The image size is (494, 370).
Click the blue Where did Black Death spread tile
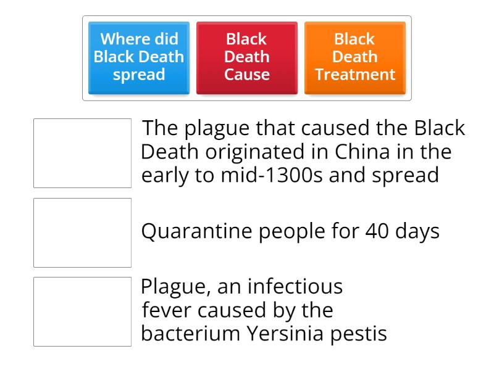point(138,57)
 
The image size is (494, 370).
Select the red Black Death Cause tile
point(246,57)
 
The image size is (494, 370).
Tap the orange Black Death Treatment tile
point(355,57)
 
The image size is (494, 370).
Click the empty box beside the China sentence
point(82,153)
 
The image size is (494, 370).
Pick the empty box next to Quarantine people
point(82,232)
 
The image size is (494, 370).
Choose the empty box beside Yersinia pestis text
point(82,311)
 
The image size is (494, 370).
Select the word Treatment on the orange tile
point(355,75)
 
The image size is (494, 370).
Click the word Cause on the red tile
point(246,75)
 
